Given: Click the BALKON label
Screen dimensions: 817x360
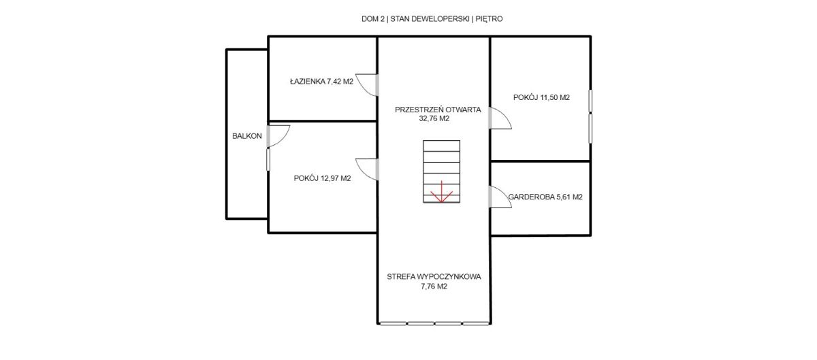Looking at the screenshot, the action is (x=247, y=136).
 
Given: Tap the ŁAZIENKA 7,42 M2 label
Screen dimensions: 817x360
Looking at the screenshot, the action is (x=321, y=82).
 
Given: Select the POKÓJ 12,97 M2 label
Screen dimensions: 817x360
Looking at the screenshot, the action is (x=323, y=178).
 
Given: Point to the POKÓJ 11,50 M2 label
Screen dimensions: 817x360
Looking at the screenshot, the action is (x=541, y=97).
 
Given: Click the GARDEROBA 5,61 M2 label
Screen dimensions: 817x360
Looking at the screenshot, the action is (x=545, y=197).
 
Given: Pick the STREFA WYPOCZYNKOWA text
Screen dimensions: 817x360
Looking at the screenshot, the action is (x=434, y=277).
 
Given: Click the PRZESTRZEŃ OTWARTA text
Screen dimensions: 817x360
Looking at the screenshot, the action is (x=438, y=110).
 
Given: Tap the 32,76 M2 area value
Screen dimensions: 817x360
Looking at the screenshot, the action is (x=434, y=118).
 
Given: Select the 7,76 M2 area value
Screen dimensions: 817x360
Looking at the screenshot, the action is (x=434, y=287).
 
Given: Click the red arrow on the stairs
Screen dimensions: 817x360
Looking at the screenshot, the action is (x=441, y=191).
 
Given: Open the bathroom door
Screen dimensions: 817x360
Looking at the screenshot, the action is (x=367, y=85).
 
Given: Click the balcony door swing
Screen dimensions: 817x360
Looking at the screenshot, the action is (x=278, y=136).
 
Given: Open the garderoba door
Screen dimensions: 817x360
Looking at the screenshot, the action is (x=500, y=197).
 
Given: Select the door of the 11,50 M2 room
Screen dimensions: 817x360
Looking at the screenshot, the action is (x=500, y=118).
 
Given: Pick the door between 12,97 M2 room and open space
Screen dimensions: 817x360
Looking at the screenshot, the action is (x=367, y=169).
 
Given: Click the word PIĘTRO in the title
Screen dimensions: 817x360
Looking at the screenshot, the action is (x=489, y=19).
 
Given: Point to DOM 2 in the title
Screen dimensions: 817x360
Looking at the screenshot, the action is (x=373, y=19).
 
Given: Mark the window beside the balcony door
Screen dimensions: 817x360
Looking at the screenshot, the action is (x=268, y=159).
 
